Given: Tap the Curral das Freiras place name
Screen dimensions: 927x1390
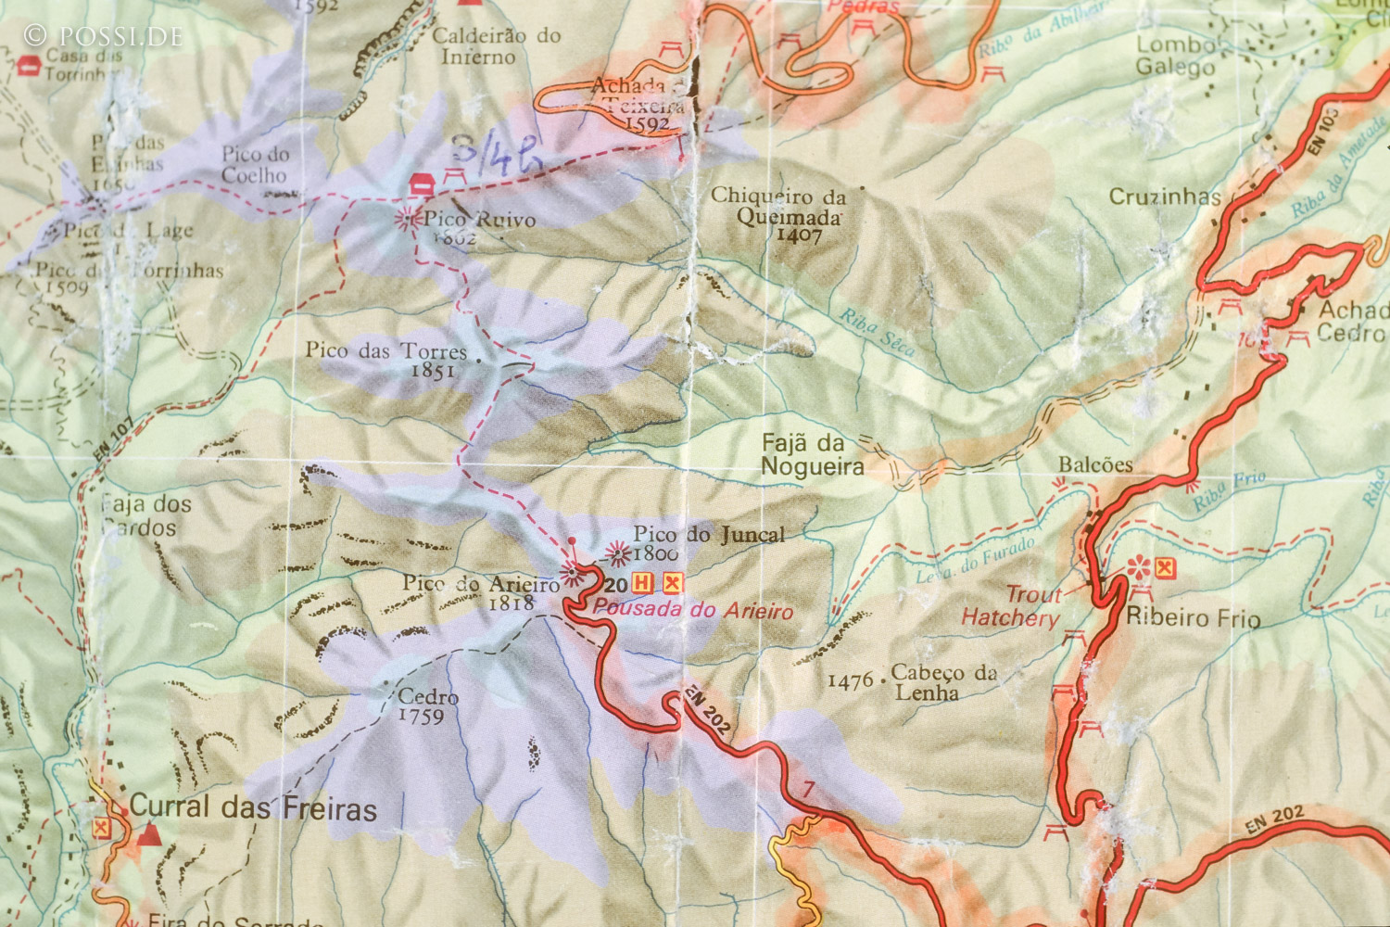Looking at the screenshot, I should (253, 807).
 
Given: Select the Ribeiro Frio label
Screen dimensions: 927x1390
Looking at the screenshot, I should (1193, 617).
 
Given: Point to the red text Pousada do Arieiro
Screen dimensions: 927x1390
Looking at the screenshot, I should (693, 610).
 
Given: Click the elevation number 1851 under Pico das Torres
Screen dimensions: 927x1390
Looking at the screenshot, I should (432, 371).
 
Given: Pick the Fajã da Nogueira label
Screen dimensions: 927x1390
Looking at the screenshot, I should (812, 455).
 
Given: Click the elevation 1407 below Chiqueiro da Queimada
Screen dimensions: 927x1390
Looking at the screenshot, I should (799, 235).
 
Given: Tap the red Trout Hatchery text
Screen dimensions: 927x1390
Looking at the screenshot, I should (1011, 606).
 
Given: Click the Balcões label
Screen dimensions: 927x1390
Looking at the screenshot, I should (1095, 464).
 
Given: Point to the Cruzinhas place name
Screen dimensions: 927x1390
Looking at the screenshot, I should (1165, 197).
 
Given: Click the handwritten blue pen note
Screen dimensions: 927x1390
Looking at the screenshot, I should (497, 154).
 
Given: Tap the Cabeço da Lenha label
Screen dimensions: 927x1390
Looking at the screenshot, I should (942, 682).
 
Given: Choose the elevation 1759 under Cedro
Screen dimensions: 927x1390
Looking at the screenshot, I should (421, 717).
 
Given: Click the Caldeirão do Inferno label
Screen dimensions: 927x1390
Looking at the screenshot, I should (497, 46).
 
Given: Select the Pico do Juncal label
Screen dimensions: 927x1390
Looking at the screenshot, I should (709, 534).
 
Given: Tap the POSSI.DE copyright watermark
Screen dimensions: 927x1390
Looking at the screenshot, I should (103, 36).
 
